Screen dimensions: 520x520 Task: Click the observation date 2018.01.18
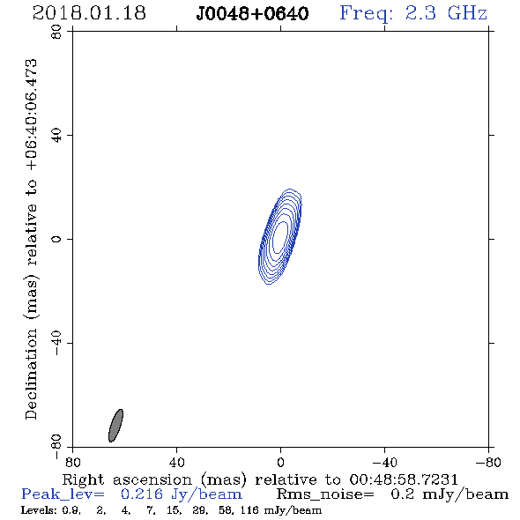(x=89, y=13)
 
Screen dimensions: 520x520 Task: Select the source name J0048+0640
(x=252, y=14)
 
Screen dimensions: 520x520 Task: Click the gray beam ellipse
(x=115, y=426)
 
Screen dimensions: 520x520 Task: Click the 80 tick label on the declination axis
(x=56, y=32)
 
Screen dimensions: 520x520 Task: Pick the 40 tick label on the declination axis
(x=56, y=136)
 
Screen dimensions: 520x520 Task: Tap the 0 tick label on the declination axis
(x=56, y=239)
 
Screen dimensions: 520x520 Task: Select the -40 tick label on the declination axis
(x=56, y=343)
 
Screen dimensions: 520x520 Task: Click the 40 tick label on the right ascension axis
(x=176, y=462)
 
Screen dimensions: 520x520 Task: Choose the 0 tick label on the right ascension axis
(x=280, y=462)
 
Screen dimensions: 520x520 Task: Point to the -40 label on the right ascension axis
(x=384, y=462)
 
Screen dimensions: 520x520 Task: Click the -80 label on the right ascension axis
(x=488, y=462)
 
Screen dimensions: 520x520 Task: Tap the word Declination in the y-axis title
(x=31, y=374)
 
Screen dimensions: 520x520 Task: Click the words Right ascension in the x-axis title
(x=127, y=479)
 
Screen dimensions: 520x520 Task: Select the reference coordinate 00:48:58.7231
(x=404, y=479)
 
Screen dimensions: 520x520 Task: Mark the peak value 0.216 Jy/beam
(x=182, y=494)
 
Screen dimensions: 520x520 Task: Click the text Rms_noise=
(x=325, y=494)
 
